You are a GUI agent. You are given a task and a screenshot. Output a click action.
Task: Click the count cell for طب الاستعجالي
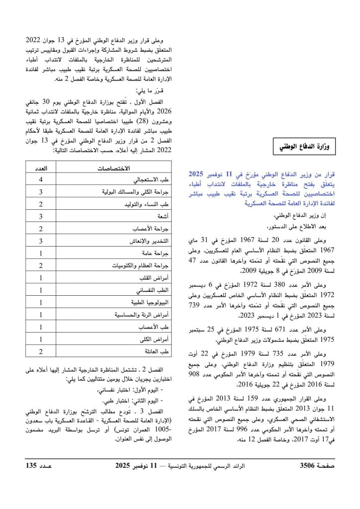click(x=40, y=179)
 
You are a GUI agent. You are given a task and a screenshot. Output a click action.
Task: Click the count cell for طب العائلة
click(x=40, y=352)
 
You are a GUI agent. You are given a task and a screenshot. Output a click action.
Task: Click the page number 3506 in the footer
click(x=311, y=466)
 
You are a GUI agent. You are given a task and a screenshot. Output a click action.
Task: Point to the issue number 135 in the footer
click(x=32, y=466)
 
